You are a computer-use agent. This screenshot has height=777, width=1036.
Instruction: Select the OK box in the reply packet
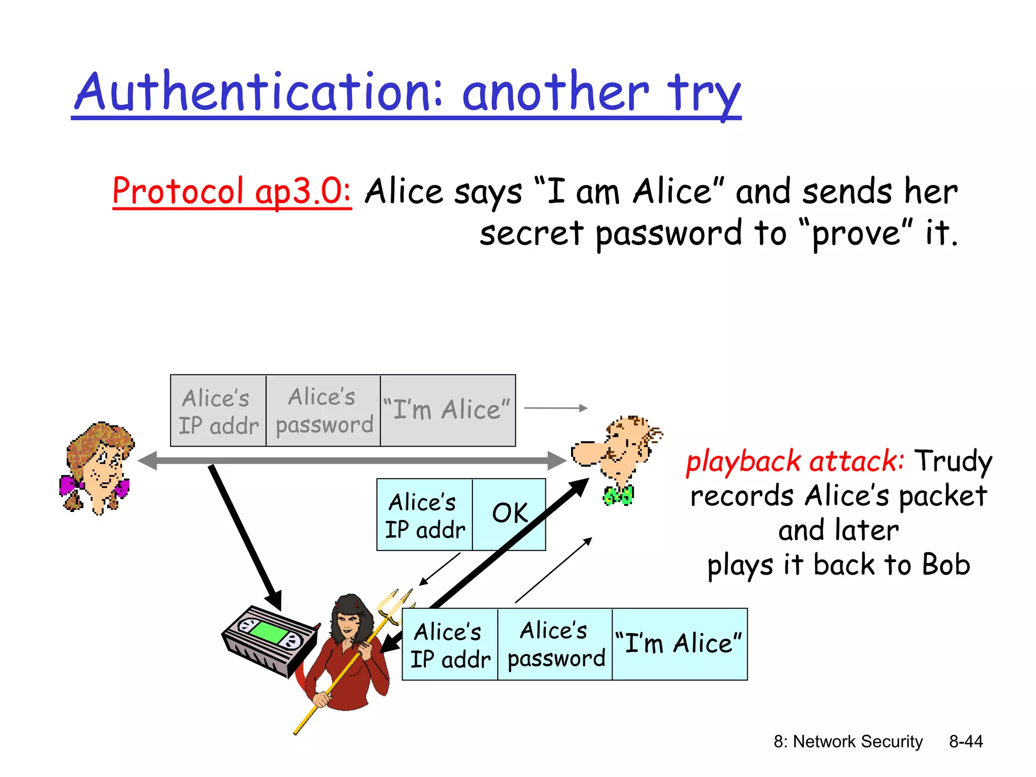[x=509, y=513]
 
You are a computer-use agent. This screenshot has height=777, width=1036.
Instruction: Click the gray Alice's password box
[x=323, y=411]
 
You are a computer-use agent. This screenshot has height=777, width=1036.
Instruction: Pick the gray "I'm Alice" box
[x=447, y=410]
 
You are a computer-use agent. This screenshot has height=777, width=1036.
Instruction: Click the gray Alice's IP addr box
[x=218, y=411]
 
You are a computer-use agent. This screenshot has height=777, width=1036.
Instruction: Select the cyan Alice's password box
[x=555, y=644]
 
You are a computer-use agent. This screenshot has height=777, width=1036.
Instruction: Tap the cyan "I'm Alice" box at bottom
[x=679, y=643]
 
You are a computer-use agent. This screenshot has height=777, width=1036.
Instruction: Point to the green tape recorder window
[x=268, y=632]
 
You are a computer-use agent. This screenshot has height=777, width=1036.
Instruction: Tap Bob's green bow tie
[x=618, y=495]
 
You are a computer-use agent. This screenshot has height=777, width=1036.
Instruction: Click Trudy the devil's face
[x=348, y=621]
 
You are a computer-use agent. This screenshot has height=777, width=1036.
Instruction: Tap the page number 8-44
[x=965, y=742]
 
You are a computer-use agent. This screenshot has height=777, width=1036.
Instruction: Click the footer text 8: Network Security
[x=848, y=742]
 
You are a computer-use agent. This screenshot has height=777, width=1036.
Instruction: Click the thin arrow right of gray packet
[x=555, y=408]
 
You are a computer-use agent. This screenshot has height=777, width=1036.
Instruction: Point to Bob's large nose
[x=586, y=452]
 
